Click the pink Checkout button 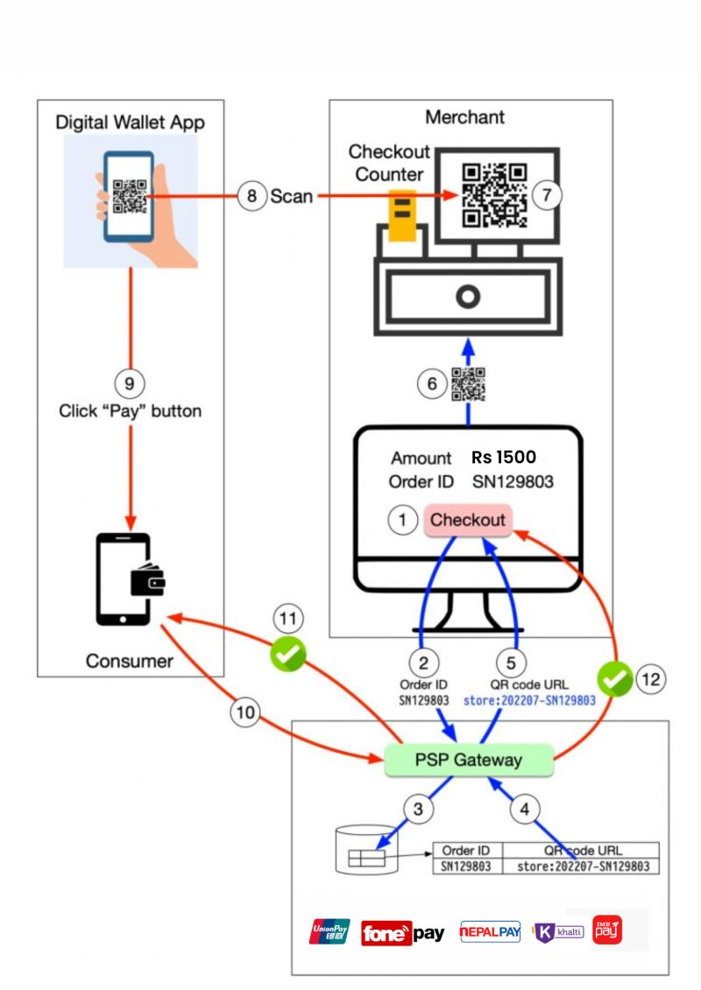[x=467, y=520]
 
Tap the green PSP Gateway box [x=468, y=760]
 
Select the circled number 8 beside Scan [x=251, y=196]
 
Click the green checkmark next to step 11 [x=287, y=653]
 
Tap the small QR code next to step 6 [x=469, y=384]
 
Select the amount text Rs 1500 [x=503, y=457]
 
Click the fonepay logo [x=402, y=934]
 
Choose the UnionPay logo [x=329, y=932]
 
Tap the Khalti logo [x=558, y=932]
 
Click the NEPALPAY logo [x=490, y=933]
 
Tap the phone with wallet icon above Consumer [x=128, y=579]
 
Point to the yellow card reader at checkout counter [x=402, y=214]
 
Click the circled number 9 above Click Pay [x=129, y=383]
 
